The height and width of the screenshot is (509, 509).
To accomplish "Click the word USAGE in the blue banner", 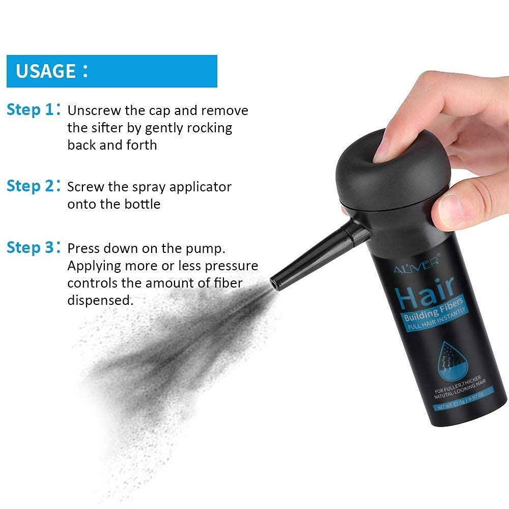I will click(x=46, y=71).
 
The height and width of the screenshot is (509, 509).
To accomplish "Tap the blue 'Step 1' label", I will click(x=30, y=110).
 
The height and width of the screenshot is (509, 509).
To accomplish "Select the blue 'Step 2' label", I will click(x=30, y=186).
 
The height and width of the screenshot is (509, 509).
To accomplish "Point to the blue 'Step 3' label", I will click(x=30, y=248).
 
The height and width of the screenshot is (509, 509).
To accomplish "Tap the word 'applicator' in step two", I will click(x=200, y=187).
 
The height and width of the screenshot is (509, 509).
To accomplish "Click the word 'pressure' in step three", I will click(x=233, y=266).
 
